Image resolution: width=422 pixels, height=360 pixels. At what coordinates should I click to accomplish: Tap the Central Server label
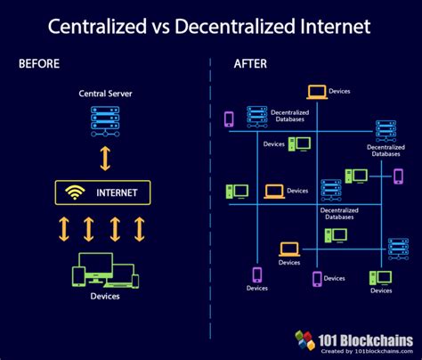point(104,93)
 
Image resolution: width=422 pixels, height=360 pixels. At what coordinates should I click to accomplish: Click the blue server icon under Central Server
point(105,119)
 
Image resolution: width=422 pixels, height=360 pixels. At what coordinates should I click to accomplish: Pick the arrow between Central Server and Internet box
point(105,158)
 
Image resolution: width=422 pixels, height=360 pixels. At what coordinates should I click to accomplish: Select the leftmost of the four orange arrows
point(64,229)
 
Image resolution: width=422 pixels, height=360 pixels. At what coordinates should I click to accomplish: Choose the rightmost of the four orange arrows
point(140,229)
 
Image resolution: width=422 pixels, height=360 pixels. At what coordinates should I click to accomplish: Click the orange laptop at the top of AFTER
point(316,91)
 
